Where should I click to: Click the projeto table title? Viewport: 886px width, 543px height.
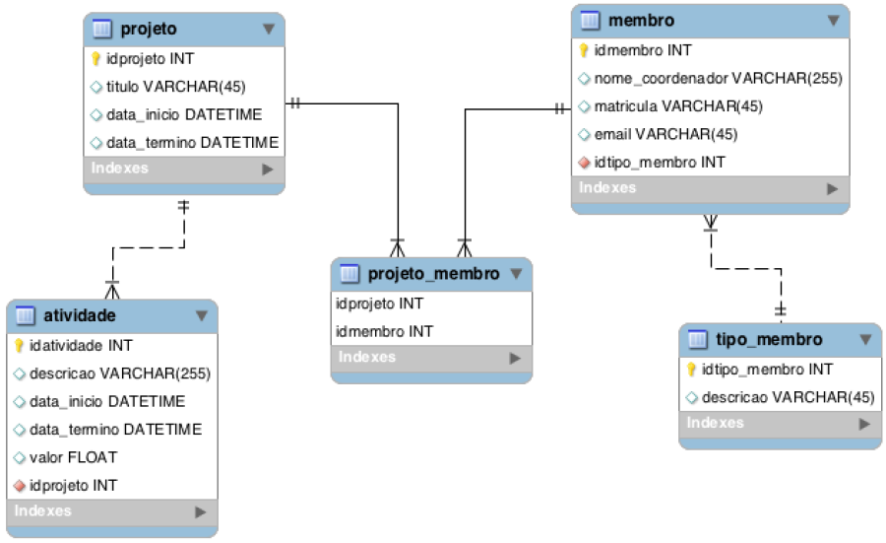[x=148, y=29]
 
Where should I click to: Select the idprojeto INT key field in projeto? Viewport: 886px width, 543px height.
[x=150, y=59]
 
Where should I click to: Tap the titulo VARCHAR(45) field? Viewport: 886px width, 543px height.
[x=176, y=87]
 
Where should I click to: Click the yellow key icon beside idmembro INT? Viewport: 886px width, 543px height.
[x=584, y=50]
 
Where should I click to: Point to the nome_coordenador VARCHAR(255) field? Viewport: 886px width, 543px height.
[x=719, y=78]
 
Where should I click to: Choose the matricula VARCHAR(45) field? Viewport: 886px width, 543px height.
[x=678, y=106]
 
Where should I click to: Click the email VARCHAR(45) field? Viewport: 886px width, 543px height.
[x=665, y=134]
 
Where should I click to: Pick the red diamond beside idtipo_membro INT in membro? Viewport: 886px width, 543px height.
[x=584, y=163]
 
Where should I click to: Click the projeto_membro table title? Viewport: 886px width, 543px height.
[x=433, y=274]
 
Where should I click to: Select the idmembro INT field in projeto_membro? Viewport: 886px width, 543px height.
[x=384, y=331]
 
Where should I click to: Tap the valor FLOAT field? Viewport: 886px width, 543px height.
[x=74, y=457]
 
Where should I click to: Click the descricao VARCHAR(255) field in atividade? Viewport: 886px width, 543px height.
[x=120, y=373]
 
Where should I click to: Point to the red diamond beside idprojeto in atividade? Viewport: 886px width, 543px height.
[x=20, y=486]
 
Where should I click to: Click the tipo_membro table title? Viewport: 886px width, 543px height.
[x=769, y=339]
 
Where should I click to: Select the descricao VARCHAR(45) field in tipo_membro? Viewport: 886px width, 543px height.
[x=788, y=397]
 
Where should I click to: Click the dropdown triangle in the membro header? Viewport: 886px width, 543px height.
[x=833, y=21]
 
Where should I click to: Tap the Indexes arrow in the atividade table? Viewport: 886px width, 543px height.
[x=201, y=511]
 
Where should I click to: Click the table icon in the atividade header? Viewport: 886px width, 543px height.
[x=25, y=315]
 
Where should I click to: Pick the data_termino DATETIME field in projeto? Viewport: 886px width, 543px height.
[x=192, y=143]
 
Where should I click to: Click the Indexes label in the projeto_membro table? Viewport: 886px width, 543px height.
[x=367, y=357]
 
